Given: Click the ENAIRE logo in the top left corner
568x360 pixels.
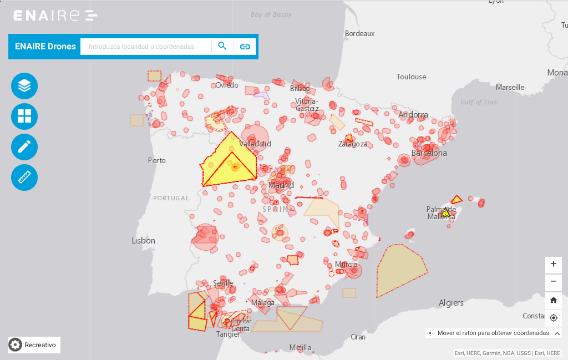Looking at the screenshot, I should pos(55,16).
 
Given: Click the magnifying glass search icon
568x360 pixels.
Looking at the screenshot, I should pos(222,46).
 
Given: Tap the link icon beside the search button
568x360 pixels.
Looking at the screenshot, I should pos(245,47).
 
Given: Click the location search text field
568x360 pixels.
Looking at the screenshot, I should pos(146,47).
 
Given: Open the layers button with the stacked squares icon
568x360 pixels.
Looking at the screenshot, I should pos(24,86).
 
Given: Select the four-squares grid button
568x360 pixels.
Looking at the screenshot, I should pos(24,116).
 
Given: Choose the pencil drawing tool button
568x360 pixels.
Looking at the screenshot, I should pos(24,147).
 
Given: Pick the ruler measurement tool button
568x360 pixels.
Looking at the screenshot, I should pos(24,178).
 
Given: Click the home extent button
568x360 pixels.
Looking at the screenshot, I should pos(553,300).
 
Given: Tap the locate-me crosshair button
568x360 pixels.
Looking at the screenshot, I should pos(553,318).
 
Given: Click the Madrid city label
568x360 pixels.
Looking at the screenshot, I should pos(281,185).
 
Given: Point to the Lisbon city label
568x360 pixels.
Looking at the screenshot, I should pos(143,241).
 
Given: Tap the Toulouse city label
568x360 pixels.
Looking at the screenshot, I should pos(411,77).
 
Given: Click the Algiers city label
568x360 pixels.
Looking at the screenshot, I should pos(451,303).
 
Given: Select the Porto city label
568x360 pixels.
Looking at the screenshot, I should pos(156,160).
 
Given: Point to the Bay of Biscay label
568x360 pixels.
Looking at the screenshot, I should pos(271,15).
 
